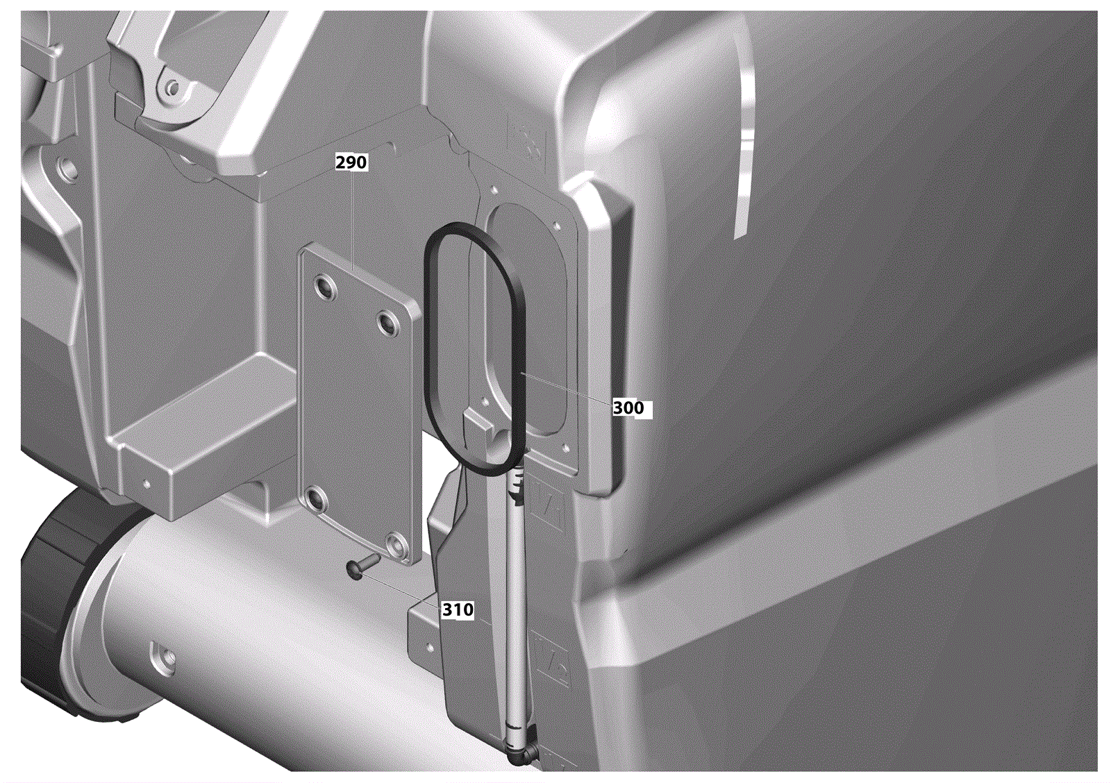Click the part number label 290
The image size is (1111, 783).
[351, 162]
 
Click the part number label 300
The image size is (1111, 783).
[629, 408]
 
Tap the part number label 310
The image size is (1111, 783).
[458, 609]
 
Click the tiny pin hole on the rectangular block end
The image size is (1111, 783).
[146, 482]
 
